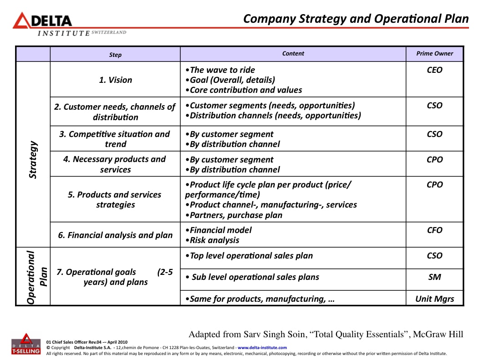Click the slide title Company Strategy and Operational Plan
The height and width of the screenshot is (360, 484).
[356, 19]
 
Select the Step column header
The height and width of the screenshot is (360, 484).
[115, 55]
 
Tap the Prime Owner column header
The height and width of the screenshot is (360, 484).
[434, 53]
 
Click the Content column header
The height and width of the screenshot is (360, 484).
[293, 53]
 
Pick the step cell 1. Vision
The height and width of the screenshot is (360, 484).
[115, 80]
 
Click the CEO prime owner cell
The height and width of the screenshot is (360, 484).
[434, 70]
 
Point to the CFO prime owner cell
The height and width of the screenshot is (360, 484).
[434, 230]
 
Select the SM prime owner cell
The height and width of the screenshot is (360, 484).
[434, 277]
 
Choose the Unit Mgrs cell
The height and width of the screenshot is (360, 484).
[434, 299]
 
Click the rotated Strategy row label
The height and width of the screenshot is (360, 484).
[33, 160]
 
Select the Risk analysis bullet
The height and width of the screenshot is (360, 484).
[214, 240]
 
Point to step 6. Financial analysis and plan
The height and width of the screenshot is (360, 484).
[115, 235]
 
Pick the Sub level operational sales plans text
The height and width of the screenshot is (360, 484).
[255, 277]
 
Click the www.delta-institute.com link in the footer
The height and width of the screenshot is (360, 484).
[262, 348]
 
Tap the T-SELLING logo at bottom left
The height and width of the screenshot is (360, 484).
[26, 345]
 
